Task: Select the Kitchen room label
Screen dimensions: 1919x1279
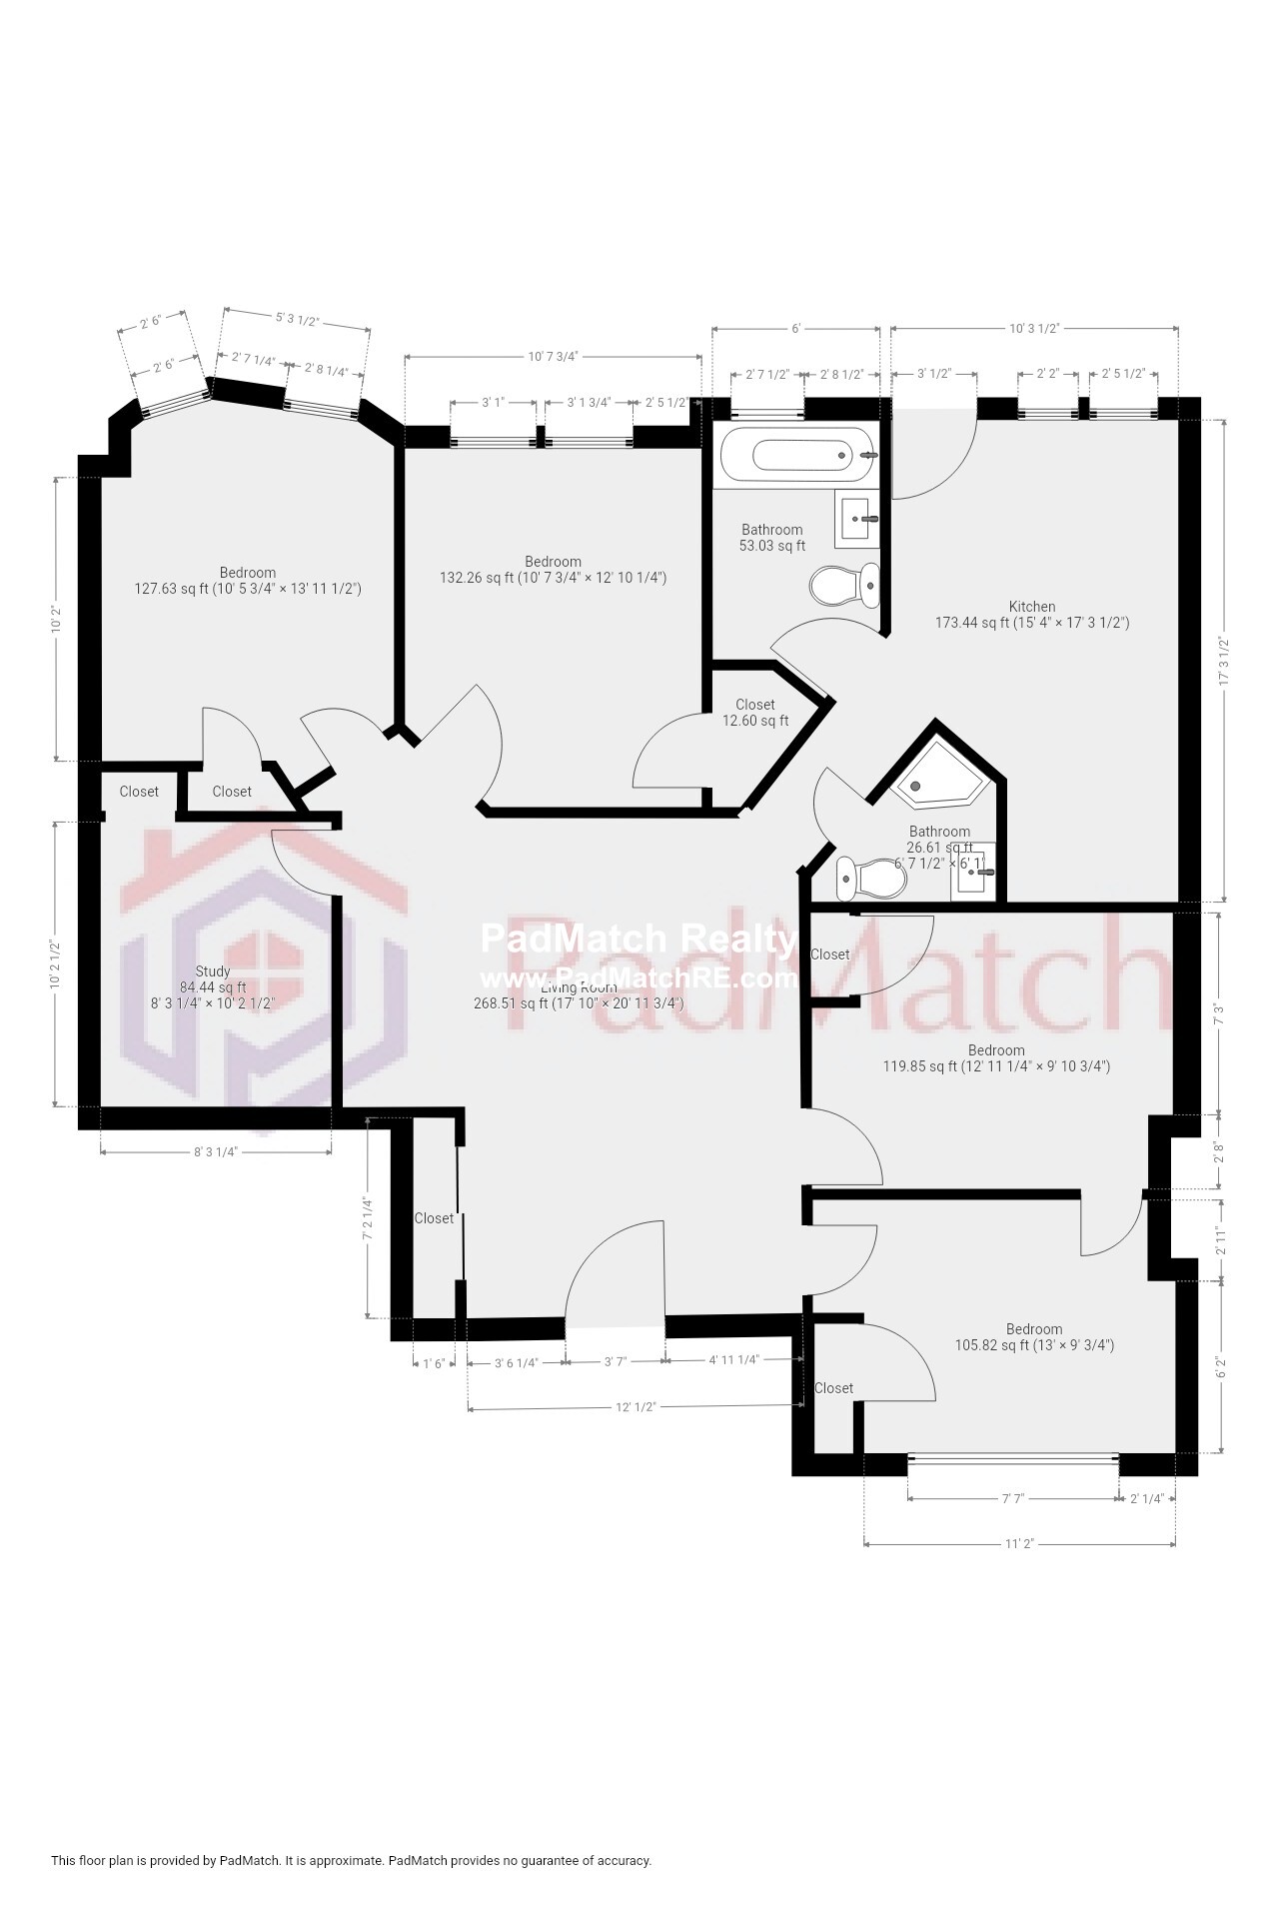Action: point(1032,607)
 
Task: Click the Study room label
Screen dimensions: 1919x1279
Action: point(213,971)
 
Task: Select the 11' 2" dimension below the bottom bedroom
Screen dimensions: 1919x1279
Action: point(1018,1544)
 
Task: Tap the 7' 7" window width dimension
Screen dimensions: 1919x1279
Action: point(1013,1499)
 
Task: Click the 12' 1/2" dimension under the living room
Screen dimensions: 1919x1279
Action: point(635,1407)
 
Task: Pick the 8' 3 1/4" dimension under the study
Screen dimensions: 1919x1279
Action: point(216,1151)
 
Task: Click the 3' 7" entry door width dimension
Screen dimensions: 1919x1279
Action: point(615,1361)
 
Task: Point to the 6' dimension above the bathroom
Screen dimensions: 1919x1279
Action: point(795,328)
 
